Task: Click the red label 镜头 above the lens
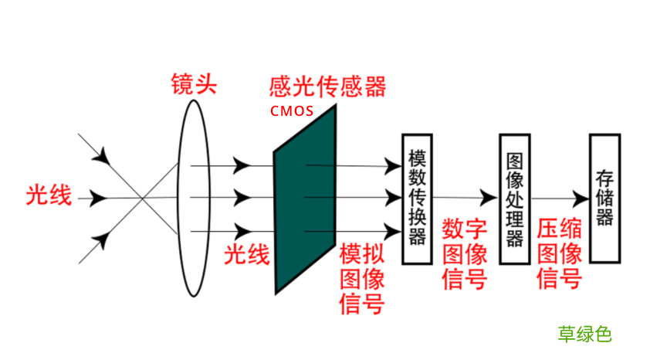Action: coord(194,84)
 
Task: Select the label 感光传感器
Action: coord(327,85)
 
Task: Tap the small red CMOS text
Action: coord(292,110)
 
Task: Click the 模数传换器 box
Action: coord(417,199)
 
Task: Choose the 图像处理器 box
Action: coord(514,199)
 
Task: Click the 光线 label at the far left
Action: coord(49,196)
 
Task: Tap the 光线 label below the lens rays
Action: coord(247,254)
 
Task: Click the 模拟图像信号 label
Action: coord(361,279)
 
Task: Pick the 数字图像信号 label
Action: coord(465,254)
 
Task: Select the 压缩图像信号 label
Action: coord(559,254)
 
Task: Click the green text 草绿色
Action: coord(584,334)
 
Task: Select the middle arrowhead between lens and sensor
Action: coord(242,198)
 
